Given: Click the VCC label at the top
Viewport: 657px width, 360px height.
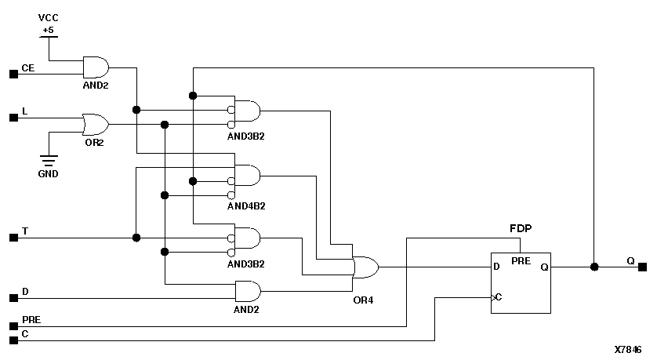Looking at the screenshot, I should click(x=49, y=17).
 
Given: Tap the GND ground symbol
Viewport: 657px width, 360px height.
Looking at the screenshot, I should click(x=49, y=162).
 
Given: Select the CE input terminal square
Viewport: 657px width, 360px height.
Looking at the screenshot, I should click(x=13, y=74).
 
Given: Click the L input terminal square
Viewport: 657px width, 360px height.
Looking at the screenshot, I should click(x=13, y=118).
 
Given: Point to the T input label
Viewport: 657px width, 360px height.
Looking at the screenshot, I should click(x=25, y=231).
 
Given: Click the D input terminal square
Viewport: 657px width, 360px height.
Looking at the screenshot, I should click(x=13, y=298).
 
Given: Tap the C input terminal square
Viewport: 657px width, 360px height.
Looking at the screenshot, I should click(x=13, y=340).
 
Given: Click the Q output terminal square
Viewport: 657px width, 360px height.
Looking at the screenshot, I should click(x=642, y=267).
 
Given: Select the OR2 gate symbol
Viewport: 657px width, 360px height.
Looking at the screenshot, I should click(x=95, y=124).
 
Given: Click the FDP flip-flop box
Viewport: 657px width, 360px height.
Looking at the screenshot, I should click(x=521, y=282).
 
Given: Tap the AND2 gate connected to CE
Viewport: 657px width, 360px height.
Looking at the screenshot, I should click(x=96, y=67).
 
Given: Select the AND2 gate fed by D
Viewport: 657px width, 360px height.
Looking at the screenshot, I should click(x=248, y=291).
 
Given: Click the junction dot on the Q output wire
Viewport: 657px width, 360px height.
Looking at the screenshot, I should click(x=594, y=267).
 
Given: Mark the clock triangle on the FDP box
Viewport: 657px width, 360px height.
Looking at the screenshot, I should click(x=494, y=297).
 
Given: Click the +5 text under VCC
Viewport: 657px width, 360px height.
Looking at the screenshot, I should click(x=49, y=30).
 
